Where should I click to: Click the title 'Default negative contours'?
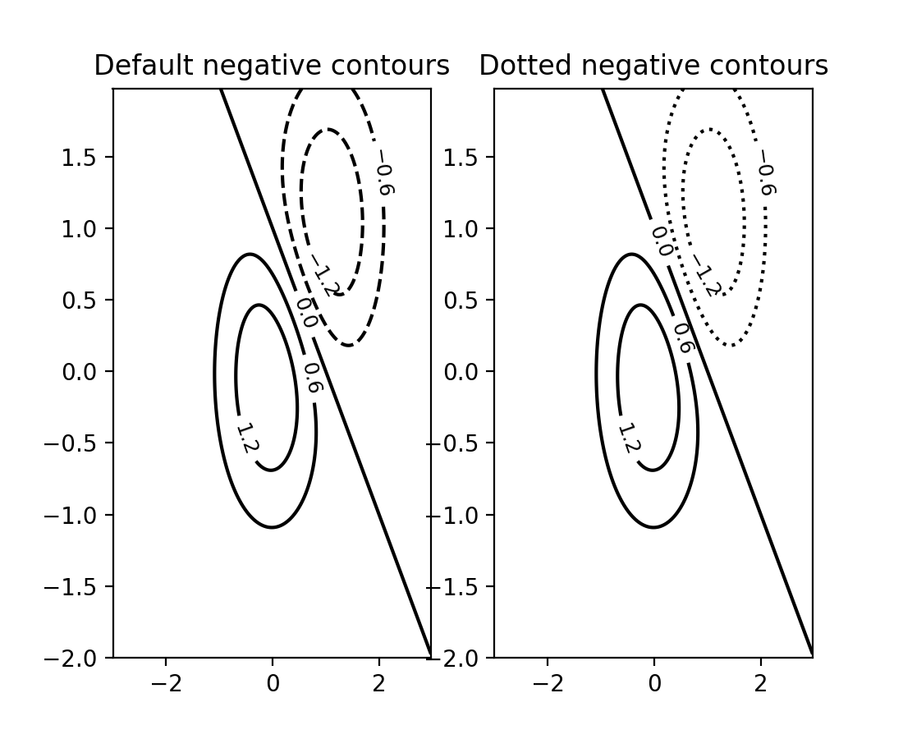tap(272, 66)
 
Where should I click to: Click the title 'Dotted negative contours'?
tap(653, 66)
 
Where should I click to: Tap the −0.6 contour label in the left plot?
tap(383, 178)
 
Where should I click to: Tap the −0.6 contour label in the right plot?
tap(765, 178)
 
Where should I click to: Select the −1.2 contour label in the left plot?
tap(323, 276)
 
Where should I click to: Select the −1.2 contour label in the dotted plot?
tap(705, 276)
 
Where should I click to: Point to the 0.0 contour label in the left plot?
tap(306, 312)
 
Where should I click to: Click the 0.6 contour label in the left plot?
tap(312, 378)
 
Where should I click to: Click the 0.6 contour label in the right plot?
tap(683, 337)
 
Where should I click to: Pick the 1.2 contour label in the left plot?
tap(244, 438)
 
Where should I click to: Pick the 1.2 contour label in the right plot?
tap(626, 438)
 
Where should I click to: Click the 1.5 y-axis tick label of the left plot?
tap(76, 158)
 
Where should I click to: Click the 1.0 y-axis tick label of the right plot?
tap(458, 229)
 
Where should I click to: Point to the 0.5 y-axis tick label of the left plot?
tap(76, 301)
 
